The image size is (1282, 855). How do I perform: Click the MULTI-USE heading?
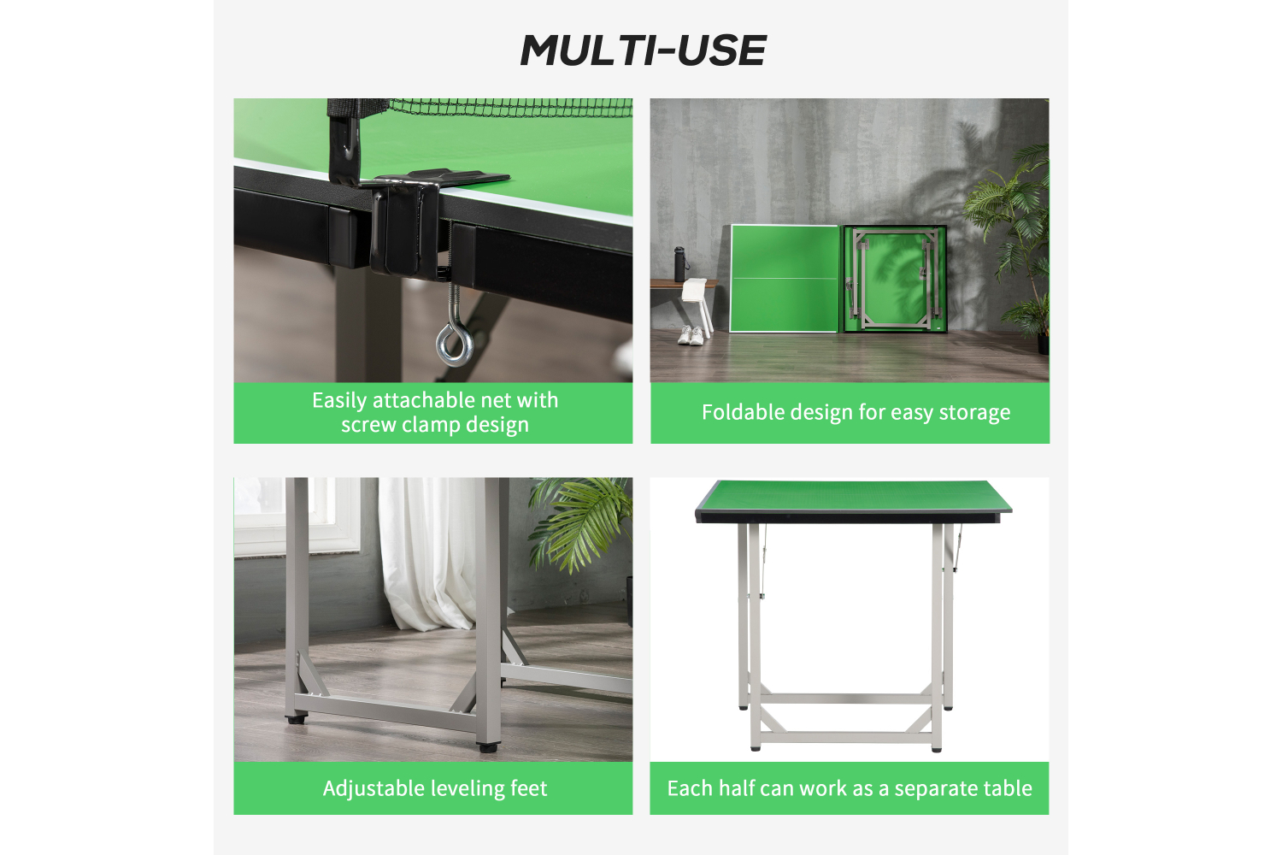(x=643, y=50)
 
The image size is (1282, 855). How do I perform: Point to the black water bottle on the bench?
(x=679, y=263)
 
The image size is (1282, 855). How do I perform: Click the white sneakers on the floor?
(x=691, y=335)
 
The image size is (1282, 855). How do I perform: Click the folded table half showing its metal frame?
(x=895, y=279)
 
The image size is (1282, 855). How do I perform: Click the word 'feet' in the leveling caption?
(x=528, y=788)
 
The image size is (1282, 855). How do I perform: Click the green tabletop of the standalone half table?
(x=853, y=495)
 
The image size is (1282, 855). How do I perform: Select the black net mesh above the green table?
(x=509, y=108)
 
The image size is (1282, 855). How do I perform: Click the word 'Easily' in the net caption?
(x=338, y=401)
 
